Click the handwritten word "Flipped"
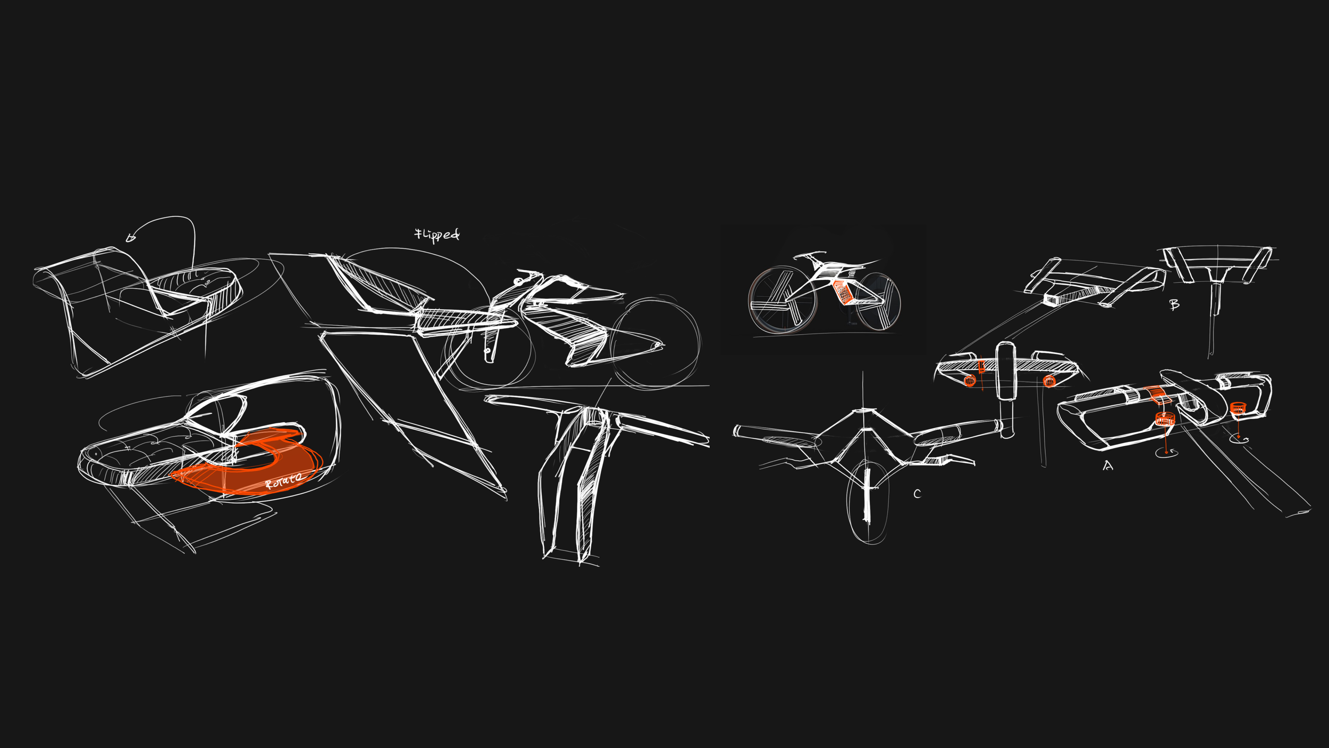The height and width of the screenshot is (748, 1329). (x=437, y=235)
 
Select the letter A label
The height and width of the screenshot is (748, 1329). (x=1107, y=466)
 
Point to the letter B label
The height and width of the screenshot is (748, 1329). (x=1174, y=304)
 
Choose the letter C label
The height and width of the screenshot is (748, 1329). (x=916, y=494)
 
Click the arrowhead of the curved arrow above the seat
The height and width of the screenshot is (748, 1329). (x=130, y=238)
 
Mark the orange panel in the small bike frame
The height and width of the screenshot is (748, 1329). (x=843, y=292)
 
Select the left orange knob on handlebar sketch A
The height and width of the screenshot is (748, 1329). (x=1164, y=419)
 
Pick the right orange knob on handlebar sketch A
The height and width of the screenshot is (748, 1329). (x=1238, y=408)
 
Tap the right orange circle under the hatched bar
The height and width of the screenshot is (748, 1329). (x=1049, y=380)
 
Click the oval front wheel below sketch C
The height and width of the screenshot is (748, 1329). (x=867, y=503)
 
